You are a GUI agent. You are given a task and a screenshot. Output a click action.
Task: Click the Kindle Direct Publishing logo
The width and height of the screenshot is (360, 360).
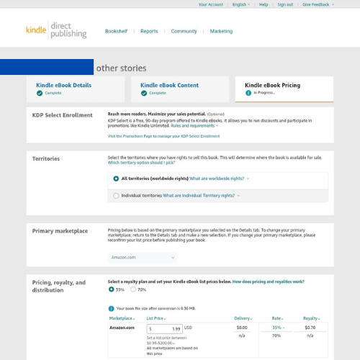coord(55,31)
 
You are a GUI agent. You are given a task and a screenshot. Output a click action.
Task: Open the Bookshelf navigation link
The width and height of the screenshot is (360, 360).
coord(116,32)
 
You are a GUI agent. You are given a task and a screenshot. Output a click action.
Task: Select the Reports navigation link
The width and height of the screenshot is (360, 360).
coord(149,32)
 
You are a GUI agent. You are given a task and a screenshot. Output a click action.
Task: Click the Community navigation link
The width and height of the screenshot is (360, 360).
coord(184,32)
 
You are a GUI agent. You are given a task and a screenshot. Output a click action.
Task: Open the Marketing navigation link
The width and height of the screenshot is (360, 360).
coord(221,32)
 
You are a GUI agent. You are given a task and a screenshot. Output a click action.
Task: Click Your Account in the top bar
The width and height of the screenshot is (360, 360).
coord(211,4)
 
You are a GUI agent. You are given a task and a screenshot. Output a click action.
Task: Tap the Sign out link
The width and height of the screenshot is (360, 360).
coord(285,4)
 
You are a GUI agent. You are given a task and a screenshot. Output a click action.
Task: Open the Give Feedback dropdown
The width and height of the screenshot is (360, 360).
coord(318,4)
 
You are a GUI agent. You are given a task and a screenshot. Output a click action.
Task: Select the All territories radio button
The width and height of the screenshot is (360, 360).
coord(116,178)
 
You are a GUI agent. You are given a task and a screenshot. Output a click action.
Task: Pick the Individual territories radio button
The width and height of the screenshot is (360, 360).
coord(116,195)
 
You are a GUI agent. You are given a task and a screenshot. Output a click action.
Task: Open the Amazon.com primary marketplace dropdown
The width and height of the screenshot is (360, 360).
coord(143,257)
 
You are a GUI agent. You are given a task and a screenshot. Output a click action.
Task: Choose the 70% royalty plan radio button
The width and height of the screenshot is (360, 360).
coord(133,289)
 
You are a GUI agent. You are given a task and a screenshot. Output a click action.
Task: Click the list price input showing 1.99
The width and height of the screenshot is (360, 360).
coord(165,328)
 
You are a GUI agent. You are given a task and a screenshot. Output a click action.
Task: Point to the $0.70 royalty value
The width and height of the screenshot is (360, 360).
coord(310,328)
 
